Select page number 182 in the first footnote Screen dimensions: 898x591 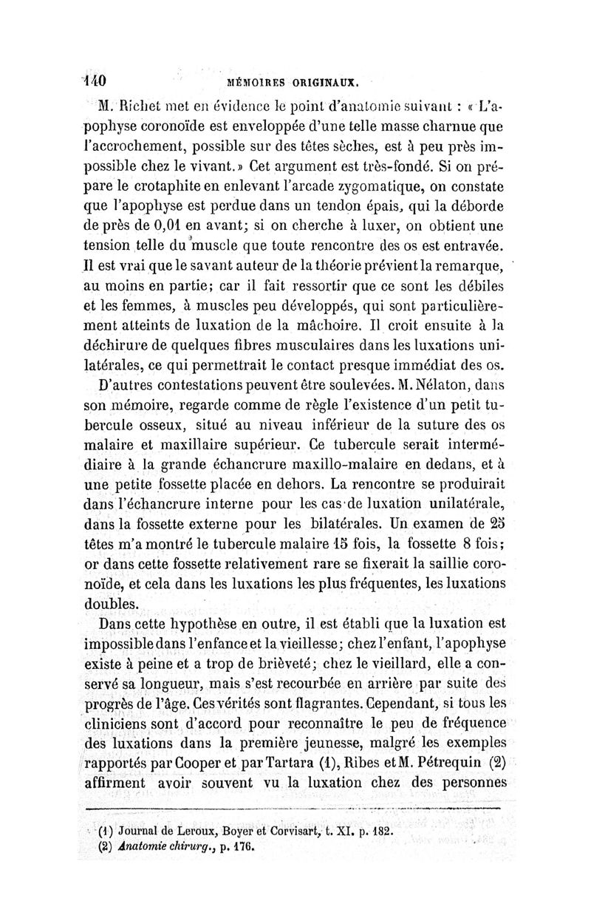click(378, 830)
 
